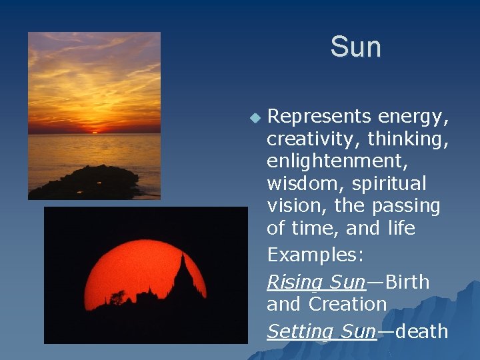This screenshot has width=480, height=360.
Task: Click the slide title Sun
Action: (x=355, y=47)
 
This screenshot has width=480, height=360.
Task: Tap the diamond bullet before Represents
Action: (x=254, y=118)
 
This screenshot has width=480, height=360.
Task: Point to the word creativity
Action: (x=307, y=139)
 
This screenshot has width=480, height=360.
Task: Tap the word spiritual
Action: (x=389, y=183)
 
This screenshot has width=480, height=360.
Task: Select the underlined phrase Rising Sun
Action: (x=315, y=283)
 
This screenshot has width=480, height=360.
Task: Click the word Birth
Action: (x=407, y=282)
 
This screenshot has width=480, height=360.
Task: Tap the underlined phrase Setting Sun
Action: (x=321, y=331)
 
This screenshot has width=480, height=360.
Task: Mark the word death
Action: (x=421, y=331)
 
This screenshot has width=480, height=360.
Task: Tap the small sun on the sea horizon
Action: (x=94, y=132)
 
